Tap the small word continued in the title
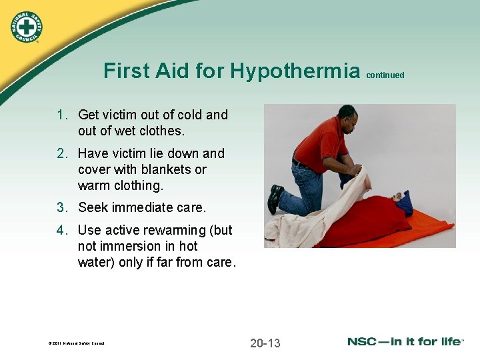385,75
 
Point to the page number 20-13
265,343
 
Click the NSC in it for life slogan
405,342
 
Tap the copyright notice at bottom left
76,344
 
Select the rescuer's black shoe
274,198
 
